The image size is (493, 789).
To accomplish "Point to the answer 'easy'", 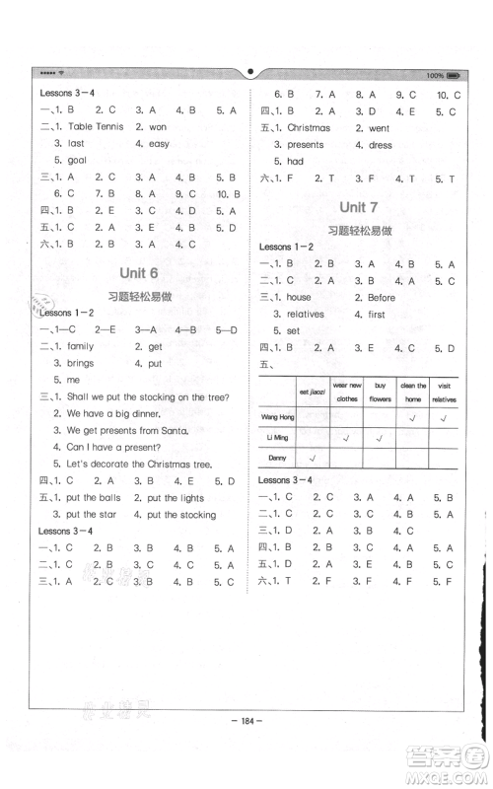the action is pyautogui.click(x=159, y=144).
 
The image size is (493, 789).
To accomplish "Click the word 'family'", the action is pyautogui.click(x=80, y=346).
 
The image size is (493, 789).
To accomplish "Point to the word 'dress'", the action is pyautogui.click(x=380, y=145).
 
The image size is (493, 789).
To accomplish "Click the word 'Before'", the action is pyautogui.click(x=382, y=297).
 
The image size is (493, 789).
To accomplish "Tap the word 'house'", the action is pyautogui.click(x=299, y=297).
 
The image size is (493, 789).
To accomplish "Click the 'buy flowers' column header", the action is pyautogui.click(x=379, y=392).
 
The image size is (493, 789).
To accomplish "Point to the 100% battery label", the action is pyautogui.click(x=435, y=75).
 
